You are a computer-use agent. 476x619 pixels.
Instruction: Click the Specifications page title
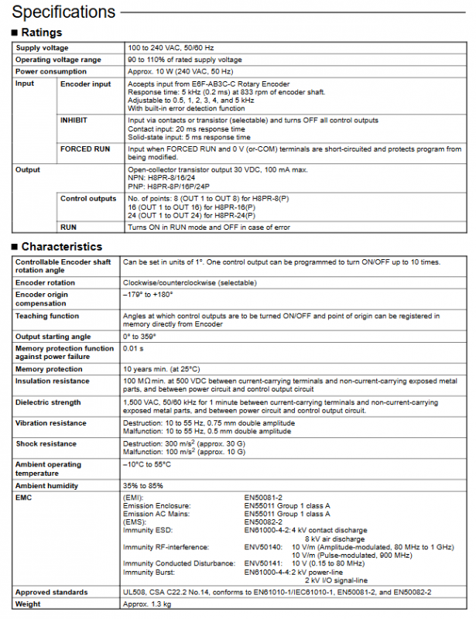[x=63, y=12]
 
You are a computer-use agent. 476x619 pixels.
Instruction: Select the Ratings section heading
[x=41, y=32]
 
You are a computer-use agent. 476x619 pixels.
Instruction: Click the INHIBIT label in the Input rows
[x=73, y=120]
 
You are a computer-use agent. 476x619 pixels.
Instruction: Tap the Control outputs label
[x=88, y=199]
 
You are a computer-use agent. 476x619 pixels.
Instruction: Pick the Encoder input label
[x=85, y=84]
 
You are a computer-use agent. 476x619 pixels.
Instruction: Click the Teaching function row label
[x=46, y=316]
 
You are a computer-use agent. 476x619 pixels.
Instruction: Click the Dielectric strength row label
[x=48, y=402]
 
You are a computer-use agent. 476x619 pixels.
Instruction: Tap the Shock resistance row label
[x=46, y=444]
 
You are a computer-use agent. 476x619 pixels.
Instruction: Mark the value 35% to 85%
[x=143, y=486]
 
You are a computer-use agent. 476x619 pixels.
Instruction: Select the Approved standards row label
[x=51, y=592]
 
